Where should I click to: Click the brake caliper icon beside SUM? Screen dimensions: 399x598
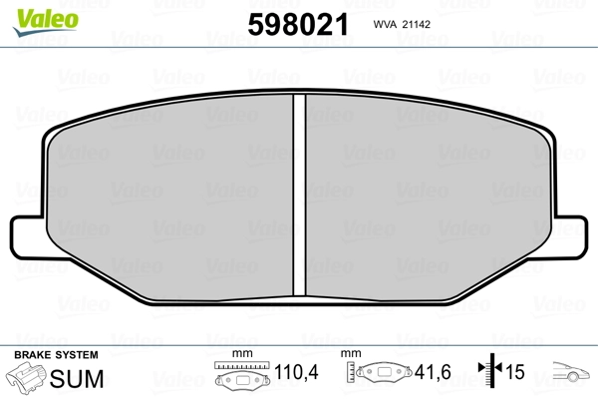(x=27, y=379)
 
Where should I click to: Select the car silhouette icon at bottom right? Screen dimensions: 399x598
(x=574, y=376)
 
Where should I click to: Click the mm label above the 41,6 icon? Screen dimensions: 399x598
(x=351, y=355)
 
